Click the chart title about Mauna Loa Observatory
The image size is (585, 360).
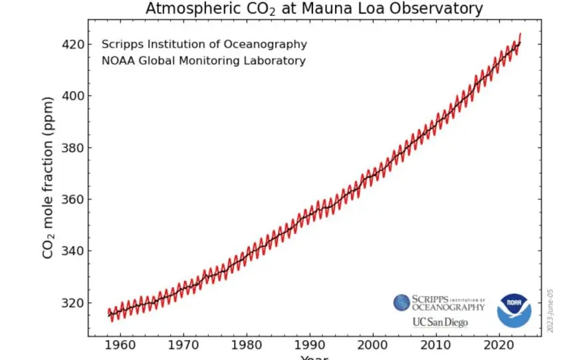click(313, 9)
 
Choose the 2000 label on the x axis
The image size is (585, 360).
click(374, 346)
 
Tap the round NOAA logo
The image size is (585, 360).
click(514, 310)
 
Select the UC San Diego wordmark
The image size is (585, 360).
click(440, 322)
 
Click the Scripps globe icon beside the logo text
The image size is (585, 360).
click(402, 304)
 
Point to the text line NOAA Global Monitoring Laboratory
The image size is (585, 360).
click(203, 61)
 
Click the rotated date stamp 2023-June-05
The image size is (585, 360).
click(550, 310)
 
